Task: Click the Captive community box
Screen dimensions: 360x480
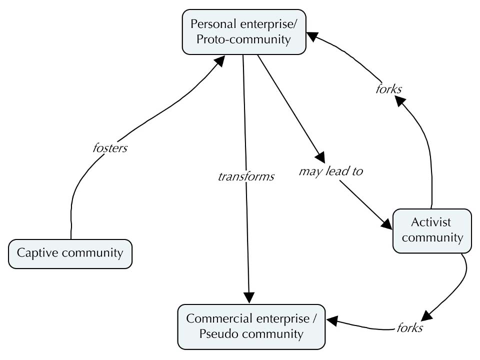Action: (70, 253)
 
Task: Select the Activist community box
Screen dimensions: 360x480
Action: (432, 230)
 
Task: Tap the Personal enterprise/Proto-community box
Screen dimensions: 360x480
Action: (243, 31)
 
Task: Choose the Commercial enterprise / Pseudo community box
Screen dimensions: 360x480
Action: (251, 326)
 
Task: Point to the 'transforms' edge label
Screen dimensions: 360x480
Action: (246, 176)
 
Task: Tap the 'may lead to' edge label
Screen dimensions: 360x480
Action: (330, 171)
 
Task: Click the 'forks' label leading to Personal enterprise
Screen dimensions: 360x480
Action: (389, 89)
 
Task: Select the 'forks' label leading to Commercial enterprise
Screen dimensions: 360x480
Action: (409, 328)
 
